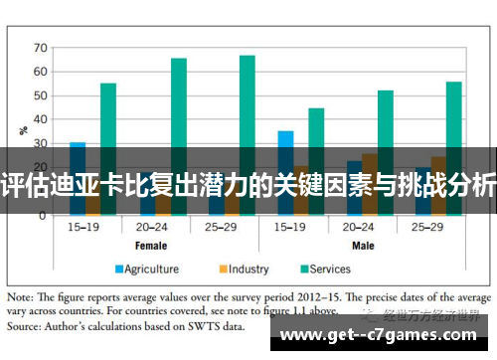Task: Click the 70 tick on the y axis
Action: click(41, 47)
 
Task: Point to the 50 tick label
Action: click(41, 95)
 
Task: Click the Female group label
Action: click(150, 245)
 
